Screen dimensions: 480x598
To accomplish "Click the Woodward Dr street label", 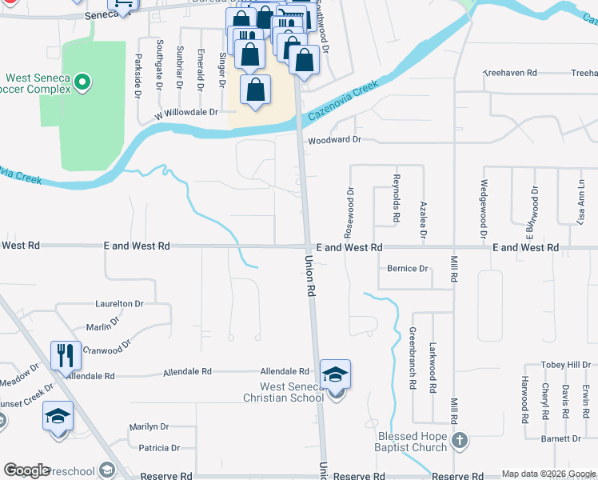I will pyautogui.click(x=335, y=139).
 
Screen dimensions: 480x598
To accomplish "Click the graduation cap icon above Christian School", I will pyautogui.click(x=336, y=374).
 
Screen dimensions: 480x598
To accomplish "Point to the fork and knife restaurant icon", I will pyautogui.click(x=66, y=354).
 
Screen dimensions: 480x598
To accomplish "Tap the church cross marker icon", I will pyautogui.click(x=459, y=441).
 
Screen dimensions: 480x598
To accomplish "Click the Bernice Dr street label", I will pyautogui.click(x=408, y=269).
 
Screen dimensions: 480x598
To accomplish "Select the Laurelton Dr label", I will pyautogui.click(x=119, y=304).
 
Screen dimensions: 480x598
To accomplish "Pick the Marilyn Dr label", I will pyautogui.click(x=149, y=427).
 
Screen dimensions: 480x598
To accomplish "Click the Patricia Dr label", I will pyautogui.click(x=159, y=449).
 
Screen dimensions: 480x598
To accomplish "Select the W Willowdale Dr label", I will pyautogui.click(x=186, y=113).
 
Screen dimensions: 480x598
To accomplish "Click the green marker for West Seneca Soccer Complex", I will pyautogui.click(x=84, y=81).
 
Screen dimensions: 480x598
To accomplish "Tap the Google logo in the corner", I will pyautogui.click(x=26, y=470).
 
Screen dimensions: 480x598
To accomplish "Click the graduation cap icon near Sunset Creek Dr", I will pyautogui.click(x=58, y=416).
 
